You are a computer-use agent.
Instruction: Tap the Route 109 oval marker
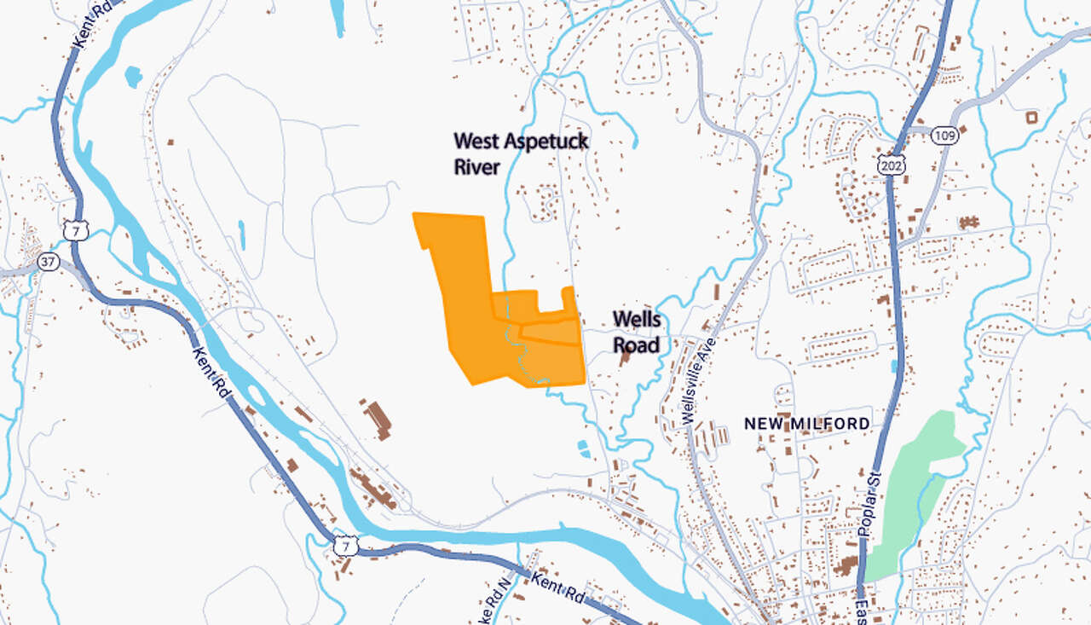[x=944, y=136]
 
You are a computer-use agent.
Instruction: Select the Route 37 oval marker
[x=49, y=263]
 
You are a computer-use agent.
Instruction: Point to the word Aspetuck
[x=541, y=142]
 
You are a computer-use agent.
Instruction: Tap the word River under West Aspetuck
[x=476, y=166]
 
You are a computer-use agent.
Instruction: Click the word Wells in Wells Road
[x=636, y=320]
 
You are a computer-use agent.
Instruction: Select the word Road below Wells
[x=636, y=344]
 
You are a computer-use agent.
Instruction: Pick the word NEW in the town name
[x=763, y=424]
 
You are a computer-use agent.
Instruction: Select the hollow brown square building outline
[x=1033, y=117]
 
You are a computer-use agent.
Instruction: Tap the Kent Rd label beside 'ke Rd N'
[x=557, y=589]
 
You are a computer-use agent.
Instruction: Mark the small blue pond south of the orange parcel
[x=583, y=447]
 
